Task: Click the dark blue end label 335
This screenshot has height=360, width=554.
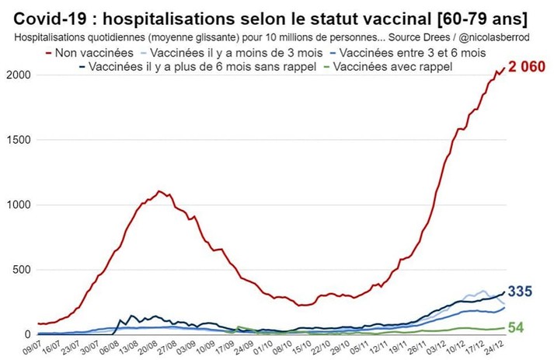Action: tap(520, 292)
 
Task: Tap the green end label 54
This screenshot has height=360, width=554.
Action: tap(517, 327)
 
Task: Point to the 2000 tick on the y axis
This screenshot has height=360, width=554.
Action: tap(18, 75)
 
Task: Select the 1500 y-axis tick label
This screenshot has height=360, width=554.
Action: tap(18, 140)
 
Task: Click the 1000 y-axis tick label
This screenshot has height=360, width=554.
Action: tap(18, 205)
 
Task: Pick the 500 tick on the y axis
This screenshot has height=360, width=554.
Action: tap(21, 270)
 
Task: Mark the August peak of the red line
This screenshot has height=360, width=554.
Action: tap(159, 191)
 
